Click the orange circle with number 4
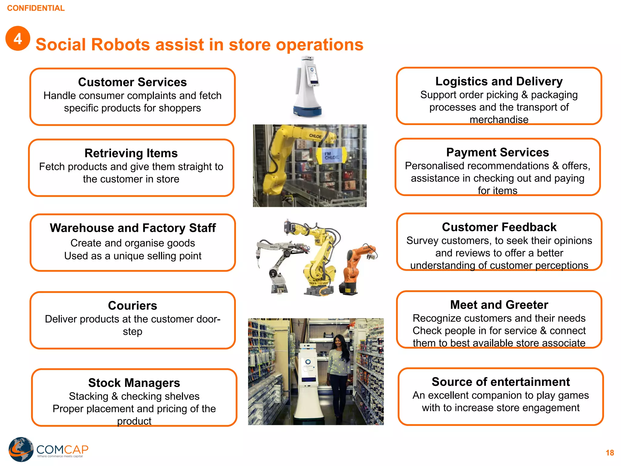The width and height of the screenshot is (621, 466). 18,39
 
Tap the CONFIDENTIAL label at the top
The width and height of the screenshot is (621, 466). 36,8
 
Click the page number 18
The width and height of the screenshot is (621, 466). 609,453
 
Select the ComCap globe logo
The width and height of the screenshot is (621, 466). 21,449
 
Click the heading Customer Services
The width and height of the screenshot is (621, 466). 132,82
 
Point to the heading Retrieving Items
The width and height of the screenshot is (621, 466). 131,153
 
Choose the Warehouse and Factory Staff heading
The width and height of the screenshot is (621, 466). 133,228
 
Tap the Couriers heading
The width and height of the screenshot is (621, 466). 133,306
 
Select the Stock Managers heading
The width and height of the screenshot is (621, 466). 134,383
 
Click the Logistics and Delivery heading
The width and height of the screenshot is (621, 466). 499,81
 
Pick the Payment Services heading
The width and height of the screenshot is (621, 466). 497,152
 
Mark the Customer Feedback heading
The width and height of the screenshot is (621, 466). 499,227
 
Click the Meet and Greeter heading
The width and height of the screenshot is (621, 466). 499,305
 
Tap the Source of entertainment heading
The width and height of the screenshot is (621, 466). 501,382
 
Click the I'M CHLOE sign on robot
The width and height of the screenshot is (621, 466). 332,156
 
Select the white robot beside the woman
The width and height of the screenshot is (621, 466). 308,382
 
